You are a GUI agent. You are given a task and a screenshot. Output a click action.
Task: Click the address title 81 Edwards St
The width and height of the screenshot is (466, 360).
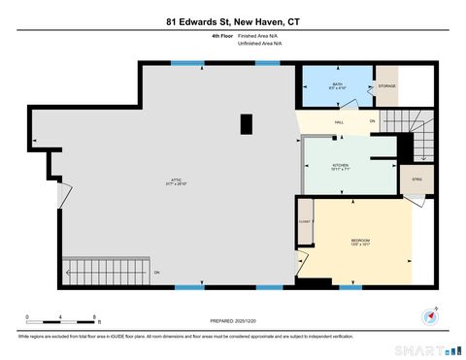[x=233, y=18]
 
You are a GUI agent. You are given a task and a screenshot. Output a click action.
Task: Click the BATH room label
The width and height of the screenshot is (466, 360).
[x=338, y=85]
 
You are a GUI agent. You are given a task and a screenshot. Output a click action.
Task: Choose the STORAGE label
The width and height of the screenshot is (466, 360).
[x=386, y=86]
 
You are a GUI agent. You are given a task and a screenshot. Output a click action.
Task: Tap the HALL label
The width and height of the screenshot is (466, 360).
[x=339, y=122]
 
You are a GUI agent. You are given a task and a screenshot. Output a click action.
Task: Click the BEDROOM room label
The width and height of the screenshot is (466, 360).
[x=361, y=239]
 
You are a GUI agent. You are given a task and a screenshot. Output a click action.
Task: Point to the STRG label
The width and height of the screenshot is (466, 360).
[x=416, y=180]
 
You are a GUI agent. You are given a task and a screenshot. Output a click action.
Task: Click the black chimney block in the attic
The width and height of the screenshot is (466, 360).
[x=247, y=124]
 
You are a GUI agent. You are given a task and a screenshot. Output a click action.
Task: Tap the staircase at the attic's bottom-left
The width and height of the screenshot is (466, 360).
[x=104, y=272]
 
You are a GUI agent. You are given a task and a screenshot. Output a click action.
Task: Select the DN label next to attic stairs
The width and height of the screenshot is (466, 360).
[x=156, y=273]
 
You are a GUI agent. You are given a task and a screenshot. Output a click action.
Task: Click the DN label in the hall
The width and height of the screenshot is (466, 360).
[x=372, y=121]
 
